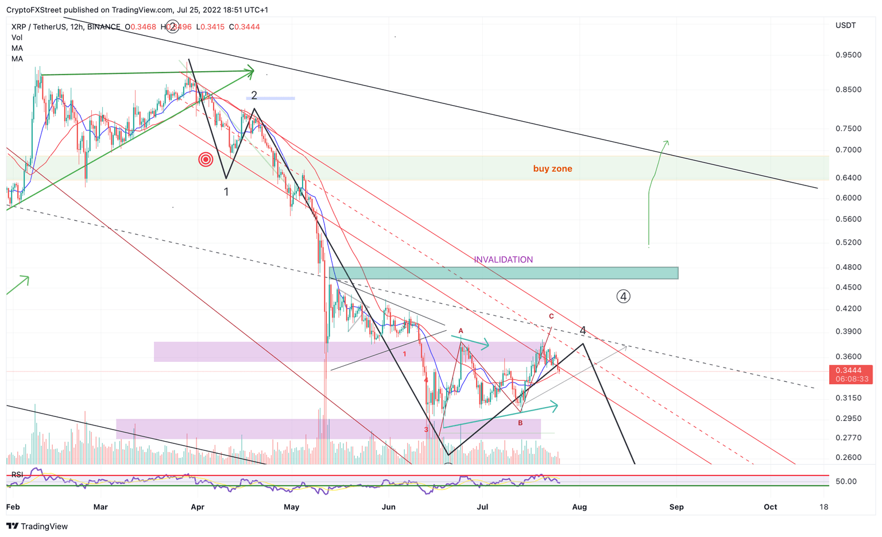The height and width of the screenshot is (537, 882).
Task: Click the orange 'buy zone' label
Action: (552, 169)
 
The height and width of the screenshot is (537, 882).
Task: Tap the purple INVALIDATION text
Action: (503, 260)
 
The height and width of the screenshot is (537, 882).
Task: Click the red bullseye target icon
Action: (206, 160)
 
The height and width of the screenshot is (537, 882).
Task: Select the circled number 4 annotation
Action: (623, 296)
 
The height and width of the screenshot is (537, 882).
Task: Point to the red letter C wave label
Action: (551, 316)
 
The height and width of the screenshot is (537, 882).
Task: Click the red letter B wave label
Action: (520, 423)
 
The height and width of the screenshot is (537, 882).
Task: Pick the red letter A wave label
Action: (461, 331)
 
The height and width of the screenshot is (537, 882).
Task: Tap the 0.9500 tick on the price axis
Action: (848, 55)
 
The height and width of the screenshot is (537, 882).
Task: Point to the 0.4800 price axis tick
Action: (848, 267)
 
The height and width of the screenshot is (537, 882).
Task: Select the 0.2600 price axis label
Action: (848, 458)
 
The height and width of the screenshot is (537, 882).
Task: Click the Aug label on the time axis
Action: (579, 507)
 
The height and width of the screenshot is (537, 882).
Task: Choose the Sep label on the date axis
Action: (676, 507)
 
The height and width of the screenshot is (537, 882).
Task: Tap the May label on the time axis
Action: (292, 507)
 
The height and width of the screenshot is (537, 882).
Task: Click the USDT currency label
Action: (845, 25)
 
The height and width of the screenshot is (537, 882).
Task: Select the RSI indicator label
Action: (17, 474)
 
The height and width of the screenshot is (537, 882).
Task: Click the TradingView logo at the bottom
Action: (37, 526)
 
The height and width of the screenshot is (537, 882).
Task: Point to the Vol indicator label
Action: (17, 37)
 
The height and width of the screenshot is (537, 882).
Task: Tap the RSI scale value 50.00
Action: (846, 481)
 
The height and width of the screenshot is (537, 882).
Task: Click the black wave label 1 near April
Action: (226, 192)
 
